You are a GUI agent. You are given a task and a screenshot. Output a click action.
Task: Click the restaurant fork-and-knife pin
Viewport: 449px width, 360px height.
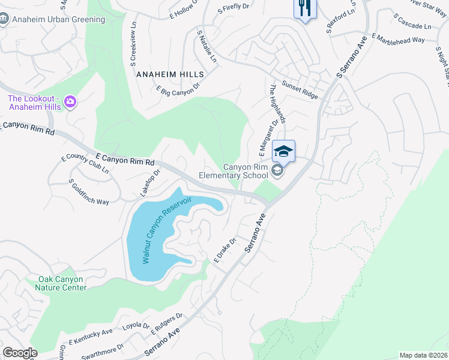click(304, 9)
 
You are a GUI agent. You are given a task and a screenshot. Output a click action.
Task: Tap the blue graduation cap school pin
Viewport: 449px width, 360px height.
click(284, 152)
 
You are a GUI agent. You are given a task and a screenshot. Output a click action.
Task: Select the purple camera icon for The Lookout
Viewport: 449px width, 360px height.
click(70, 101)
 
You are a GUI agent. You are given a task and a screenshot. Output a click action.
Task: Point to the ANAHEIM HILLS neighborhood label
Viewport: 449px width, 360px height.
click(170, 74)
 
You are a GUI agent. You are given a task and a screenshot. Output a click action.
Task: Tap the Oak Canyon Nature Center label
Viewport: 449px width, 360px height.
click(62, 283)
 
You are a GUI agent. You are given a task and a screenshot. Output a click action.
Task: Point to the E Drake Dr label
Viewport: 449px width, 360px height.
click(226, 251)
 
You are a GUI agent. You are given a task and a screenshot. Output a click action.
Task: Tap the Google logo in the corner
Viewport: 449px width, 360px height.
click(20, 353)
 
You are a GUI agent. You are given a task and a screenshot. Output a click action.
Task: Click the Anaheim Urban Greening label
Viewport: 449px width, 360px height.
click(59, 19)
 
